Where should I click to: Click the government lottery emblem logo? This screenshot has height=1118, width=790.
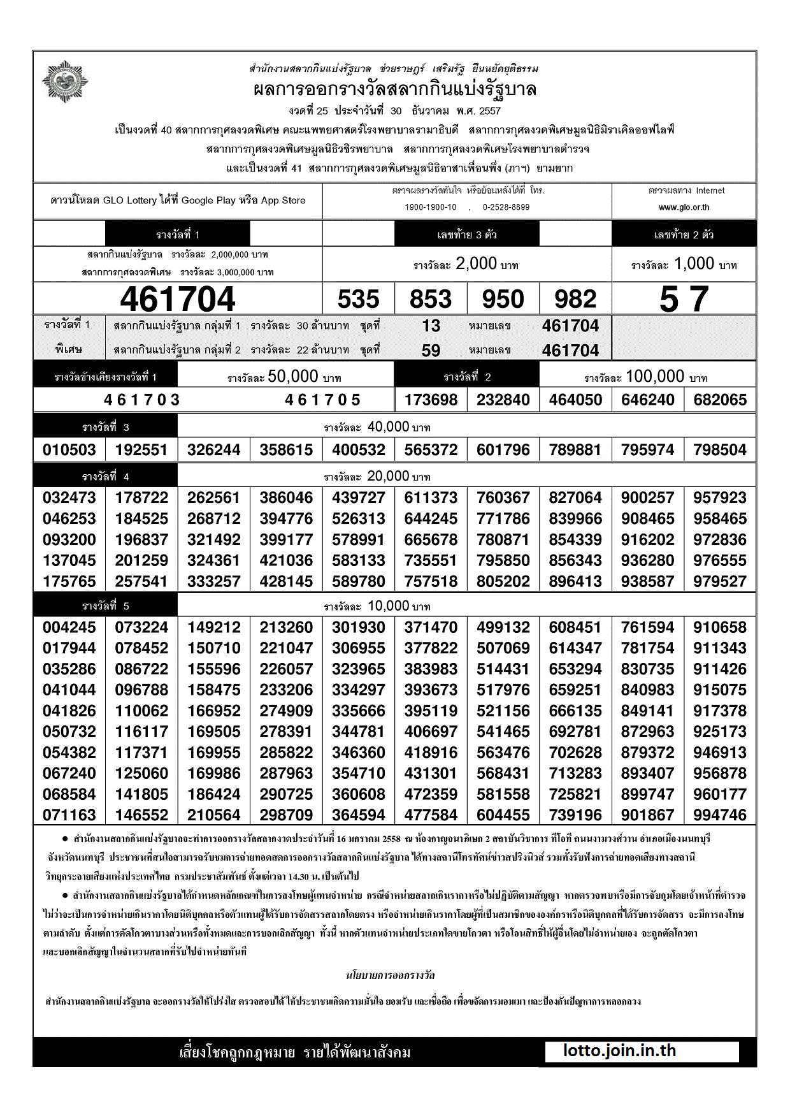64,82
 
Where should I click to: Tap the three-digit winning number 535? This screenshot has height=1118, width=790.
358,299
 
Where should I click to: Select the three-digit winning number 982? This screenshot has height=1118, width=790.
575,299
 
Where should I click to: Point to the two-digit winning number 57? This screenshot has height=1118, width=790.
684,299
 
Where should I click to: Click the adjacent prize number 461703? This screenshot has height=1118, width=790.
142,400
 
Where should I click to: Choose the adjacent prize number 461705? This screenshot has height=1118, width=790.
322,400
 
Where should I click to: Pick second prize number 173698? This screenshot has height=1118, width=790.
431,400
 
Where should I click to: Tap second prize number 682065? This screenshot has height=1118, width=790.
720,400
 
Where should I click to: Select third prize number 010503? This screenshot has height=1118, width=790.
69,450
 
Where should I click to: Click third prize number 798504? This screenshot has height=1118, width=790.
720,450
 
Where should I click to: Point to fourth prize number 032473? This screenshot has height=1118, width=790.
69,498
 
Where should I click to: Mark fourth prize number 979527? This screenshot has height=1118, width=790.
720,581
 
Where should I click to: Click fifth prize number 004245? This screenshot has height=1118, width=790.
69,627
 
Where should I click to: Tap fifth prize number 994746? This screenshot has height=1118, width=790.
720,815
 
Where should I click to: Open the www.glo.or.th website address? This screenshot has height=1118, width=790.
684,207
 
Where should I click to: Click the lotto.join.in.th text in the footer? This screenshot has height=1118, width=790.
619,1051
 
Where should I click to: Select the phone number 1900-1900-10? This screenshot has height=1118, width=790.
431,207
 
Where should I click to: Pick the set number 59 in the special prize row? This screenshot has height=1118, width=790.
431,351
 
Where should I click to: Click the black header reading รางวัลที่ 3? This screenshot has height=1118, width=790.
106,427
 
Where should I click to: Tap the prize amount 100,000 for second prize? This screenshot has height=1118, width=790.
655,376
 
